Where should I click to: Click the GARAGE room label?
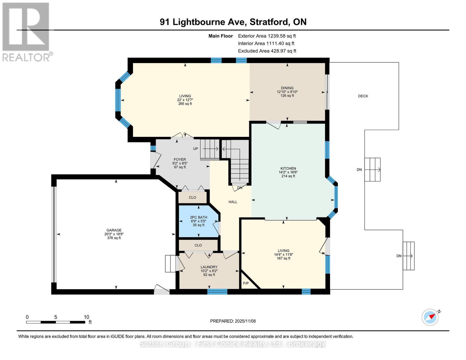click(114, 230)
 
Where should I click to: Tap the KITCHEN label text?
click(288, 168)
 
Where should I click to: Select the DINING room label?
click(287, 88)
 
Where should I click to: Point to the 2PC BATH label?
click(199, 217)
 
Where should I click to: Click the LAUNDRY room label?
click(209, 267)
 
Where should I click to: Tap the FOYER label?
click(180, 160)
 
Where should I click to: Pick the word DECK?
click(363, 96)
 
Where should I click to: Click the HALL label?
click(233, 202)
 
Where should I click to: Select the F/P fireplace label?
click(246, 283)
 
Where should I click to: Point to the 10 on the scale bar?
click(86, 317)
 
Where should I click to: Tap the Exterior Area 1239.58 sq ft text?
click(267, 36)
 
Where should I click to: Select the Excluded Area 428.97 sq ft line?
click(267, 51)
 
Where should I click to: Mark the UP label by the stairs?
click(195, 148)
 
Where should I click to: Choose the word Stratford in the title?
click(269, 22)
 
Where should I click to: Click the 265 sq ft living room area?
click(185, 104)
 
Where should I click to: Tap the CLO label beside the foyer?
click(192, 197)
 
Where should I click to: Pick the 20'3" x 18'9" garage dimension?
click(114, 234)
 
